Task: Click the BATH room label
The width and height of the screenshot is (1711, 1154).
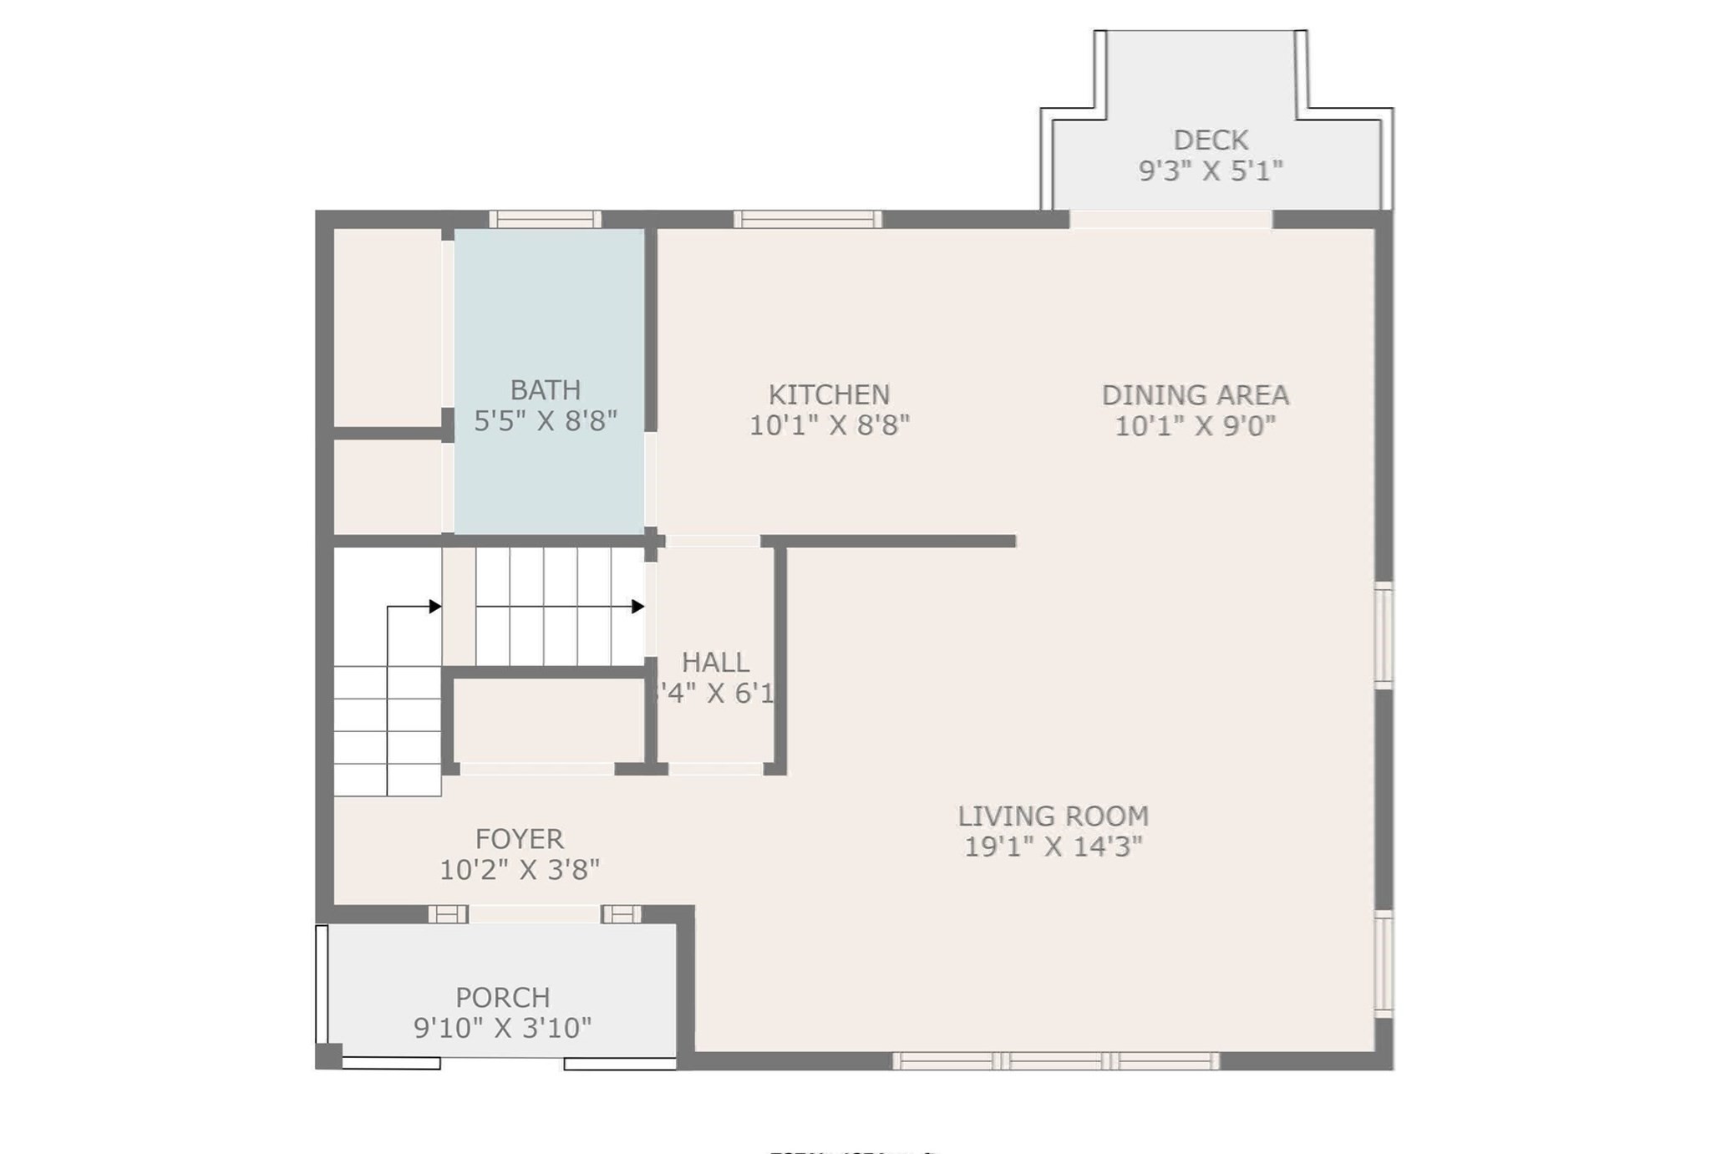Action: [546, 390]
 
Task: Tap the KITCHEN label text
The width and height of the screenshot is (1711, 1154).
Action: [829, 394]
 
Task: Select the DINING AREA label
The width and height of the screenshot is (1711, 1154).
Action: [1195, 394]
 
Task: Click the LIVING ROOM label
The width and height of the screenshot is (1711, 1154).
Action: [1053, 816]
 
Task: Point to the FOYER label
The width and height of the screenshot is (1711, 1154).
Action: [519, 838]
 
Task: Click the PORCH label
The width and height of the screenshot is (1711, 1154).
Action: [502, 997]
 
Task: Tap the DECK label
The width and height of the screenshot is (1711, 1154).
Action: [1211, 140]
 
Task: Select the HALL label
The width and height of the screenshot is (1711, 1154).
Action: [715, 662]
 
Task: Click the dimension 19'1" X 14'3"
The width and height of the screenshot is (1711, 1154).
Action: [1053, 846]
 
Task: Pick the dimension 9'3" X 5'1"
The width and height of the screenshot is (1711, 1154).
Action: [1211, 170]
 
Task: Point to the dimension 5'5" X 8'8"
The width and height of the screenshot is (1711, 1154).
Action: [546, 420]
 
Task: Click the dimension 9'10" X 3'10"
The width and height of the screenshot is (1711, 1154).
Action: [502, 1027]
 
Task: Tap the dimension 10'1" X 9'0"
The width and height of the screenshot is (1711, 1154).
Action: [1195, 425]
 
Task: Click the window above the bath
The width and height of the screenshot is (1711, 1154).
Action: [545, 219]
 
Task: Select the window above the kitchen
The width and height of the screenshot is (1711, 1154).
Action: [807, 219]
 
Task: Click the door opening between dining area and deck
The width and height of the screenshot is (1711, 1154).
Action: [1170, 219]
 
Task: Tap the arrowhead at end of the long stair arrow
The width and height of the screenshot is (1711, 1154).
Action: [638, 606]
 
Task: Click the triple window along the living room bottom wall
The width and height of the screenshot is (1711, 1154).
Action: [1056, 1061]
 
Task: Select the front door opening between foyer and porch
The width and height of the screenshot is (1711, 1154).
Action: [535, 913]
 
